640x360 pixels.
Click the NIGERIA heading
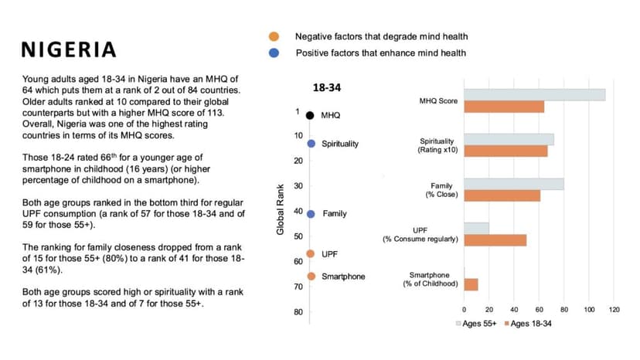click(x=69, y=50)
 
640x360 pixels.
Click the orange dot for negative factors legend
click(x=274, y=36)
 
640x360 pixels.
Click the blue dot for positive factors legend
click(x=274, y=53)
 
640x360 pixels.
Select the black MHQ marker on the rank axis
click(x=310, y=115)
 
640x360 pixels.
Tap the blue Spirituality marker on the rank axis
click(x=311, y=144)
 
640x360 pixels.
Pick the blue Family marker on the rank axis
click(x=311, y=213)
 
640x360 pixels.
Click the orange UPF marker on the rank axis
click(x=311, y=253)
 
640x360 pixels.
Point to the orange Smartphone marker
click(x=311, y=277)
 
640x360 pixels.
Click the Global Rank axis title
click(x=281, y=209)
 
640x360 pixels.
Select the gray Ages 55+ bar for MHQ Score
click(x=534, y=95)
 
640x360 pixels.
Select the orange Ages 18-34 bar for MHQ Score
click(x=503, y=107)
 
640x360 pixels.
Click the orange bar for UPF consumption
click(x=495, y=240)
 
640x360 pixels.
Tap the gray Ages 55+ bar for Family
click(x=513, y=184)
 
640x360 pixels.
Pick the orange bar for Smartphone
click(x=471, y=284)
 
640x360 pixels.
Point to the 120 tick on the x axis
click(x=614, y=310)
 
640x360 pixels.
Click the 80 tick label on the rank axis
click(x=298, y=311)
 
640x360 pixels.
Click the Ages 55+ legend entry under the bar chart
click(x=474, y=323)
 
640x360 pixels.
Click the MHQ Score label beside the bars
click(x=438, y=101)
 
